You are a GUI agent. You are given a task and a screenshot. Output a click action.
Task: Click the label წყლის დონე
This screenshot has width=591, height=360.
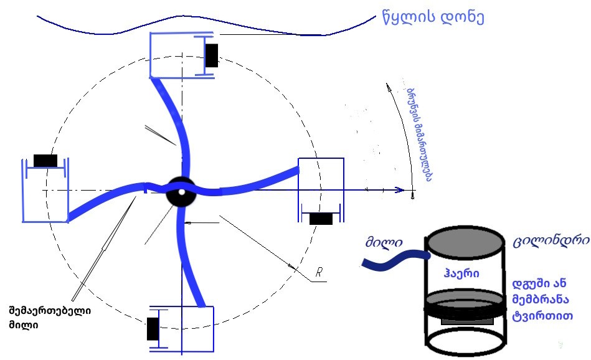click(x=433, y=17)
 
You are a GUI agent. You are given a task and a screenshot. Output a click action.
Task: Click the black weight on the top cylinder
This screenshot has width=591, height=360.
click(x=212, y=55)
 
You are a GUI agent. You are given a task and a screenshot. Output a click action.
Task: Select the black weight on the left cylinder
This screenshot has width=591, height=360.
click(x=45, y=161)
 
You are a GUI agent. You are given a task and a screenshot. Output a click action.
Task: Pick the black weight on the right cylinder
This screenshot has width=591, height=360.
click(x=321, y=219)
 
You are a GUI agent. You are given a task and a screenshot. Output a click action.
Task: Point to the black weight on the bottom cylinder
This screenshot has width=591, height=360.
click(x=153, y=328)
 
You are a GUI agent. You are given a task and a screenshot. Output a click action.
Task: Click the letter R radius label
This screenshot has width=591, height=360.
click(x=319, y=272)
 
